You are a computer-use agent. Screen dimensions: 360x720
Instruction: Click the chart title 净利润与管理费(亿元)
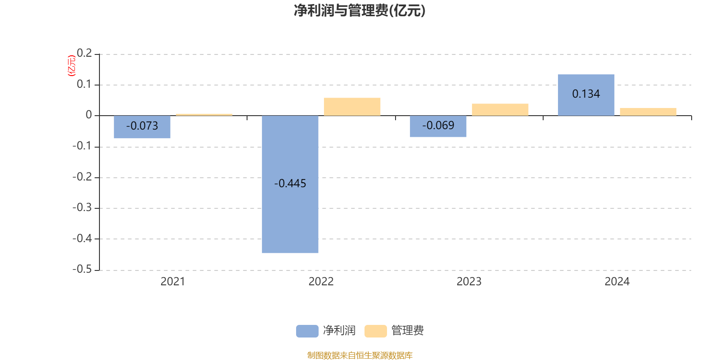[x=360, y=10]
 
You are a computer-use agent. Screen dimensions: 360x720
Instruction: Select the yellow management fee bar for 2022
[x=352, y=107]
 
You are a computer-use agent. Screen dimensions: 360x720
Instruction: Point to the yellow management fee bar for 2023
[x=500, y=109]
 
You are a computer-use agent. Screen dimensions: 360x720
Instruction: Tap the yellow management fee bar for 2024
[x=648, y=112]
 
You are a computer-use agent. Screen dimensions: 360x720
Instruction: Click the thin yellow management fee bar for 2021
[x=204, y=115]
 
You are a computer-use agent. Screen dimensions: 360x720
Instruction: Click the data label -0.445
[x=290, y=184]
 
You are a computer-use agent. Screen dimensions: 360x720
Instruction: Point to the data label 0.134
[x=586, y=94]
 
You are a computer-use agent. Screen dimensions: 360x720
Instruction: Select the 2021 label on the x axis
[x=173, y=282]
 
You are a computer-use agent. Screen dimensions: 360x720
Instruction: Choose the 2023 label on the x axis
[x=469, y=282]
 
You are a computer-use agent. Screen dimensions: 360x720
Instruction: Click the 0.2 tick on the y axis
[x=84, y=54]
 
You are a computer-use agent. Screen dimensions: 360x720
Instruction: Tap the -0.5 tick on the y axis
[x=82, y=269]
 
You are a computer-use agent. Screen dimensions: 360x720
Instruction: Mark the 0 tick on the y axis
[x=89, y=115]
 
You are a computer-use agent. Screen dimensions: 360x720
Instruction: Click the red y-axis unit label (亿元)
[x=71, y=66]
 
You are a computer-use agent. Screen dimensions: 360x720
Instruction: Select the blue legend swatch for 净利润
[x=307, y=331]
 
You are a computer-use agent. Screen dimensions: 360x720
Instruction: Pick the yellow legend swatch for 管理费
[x=375, y=331]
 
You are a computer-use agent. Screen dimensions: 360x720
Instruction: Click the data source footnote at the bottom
[x=360, y=355]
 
